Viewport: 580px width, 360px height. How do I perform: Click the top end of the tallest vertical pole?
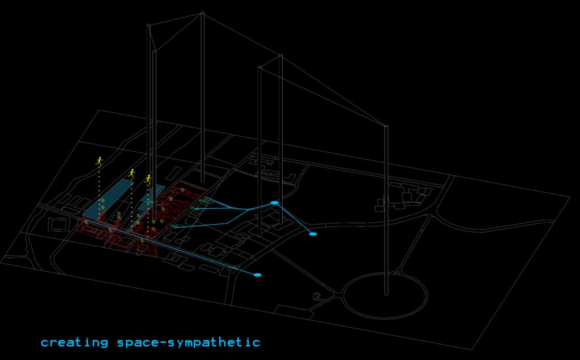[202, 13]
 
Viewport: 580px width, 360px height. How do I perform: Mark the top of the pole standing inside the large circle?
[386, 126]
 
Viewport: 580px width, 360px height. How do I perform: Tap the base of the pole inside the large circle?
[386, 294]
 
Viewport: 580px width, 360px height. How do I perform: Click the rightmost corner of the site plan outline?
[570, 197]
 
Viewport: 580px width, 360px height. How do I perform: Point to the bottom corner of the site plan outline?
[472, 349]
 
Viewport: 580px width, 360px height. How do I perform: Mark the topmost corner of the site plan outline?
[98, 110]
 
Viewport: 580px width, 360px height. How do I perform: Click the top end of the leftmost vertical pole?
[148, 25]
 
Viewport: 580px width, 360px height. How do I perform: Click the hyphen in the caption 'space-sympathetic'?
[163, 342]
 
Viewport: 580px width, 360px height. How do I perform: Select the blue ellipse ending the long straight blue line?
[258, 275]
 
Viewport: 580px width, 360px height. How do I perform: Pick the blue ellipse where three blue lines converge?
[275, 203]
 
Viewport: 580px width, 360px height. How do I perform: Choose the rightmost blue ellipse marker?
[313, 234]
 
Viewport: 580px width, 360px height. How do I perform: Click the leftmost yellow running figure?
[99, 161]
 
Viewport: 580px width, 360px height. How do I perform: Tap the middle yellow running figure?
[131, 174]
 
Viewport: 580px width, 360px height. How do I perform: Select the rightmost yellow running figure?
[148, 179]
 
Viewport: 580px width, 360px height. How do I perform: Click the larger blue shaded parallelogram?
[108, 199]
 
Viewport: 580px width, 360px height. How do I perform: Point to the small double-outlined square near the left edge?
[59, 224]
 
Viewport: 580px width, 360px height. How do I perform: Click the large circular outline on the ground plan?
[385, 295]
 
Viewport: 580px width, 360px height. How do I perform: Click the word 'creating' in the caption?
[74, 342]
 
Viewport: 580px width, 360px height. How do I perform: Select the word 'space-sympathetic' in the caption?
[189, 342]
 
